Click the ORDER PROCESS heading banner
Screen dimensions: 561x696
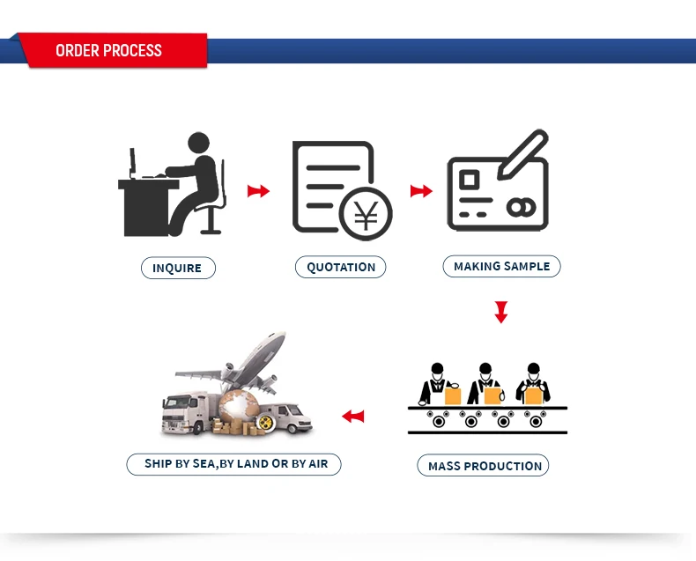click(x=109, y=50)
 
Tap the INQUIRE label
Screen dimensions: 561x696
click(x=177, y=268)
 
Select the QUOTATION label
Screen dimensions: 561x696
click(x=341, y=267)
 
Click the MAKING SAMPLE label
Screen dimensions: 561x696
click(x=501, y=266)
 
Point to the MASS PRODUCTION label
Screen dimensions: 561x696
click(x=485, y=466)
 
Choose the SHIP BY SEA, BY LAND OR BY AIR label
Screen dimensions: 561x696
click(x=235, y=463)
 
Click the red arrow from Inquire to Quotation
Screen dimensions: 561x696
click(x=257, y=191)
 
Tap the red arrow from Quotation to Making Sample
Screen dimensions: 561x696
click(x=421, y=191)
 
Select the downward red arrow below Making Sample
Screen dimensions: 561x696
click(x=501, y=312)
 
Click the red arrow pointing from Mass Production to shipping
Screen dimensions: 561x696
click(x=353, y=416)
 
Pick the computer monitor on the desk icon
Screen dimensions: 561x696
click(x=132, y=164)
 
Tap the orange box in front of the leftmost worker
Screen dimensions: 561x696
click(x=452, y=396)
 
